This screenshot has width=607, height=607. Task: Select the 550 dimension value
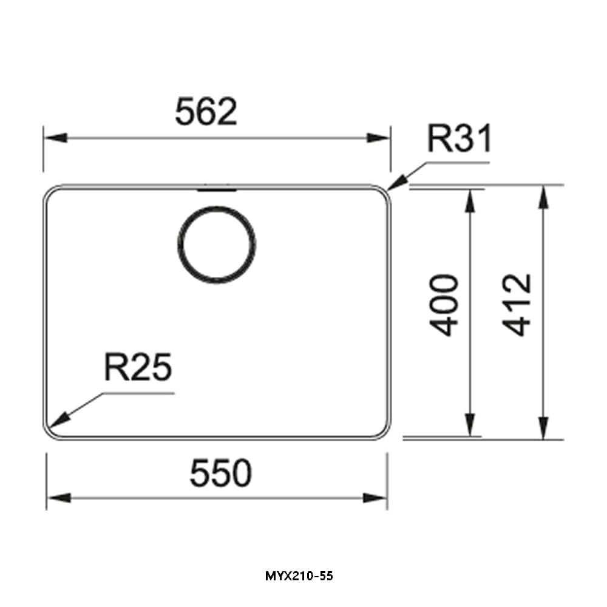click(220, 473)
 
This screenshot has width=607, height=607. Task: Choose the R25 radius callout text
click(138, 368)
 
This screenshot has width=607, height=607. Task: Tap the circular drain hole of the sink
click(217, 245)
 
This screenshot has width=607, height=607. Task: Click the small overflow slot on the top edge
click(216, 189)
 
